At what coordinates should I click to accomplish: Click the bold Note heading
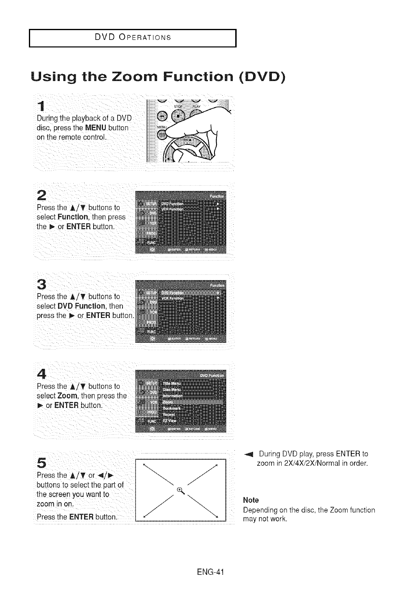(x=251, y=500)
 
